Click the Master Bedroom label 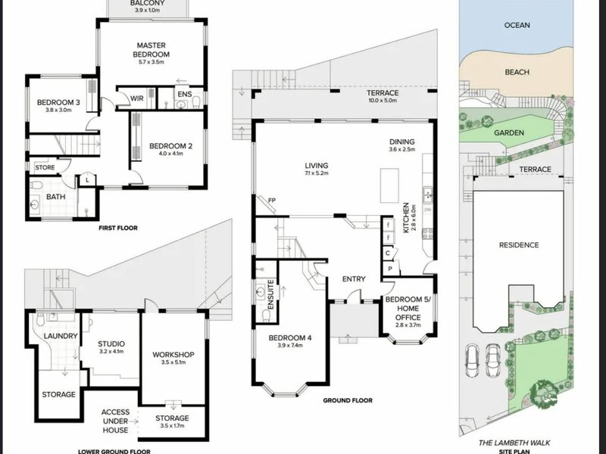pyautogui.click(x=151, y=50)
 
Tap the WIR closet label pyautogui.click(x=137, y=98)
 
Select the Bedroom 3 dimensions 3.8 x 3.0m pyautogui.click(x=58, y=110)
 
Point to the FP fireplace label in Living pyautogui.click(x=272, y=201)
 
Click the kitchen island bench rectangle pyautogui.click(x=389, y=185)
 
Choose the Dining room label pyautogui.click(x=402, y=141)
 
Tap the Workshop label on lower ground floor pyautogui.click(x=173, y=354)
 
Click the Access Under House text pyautogui.click(x=115, y=421)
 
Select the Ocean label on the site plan pyautogui.click(x=517, y=25)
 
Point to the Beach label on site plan pyautogui.click(x=517, y=72)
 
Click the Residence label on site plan pyautogui.click(x=519, y=245)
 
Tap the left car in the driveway pyautogui.click(x=472, y=361)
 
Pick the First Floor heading pyautogui.click(x=118, y=228)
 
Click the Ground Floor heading pyautogui.click(x=348, y=401)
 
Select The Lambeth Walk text pyautogui.click(x=514, y=443)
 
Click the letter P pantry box pyautogui.click(x=390, y=269)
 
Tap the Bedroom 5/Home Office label pyautogui.click(x=408, y=309)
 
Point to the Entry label pyautogui.click(x=354, y=279)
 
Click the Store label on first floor pyautogui.click(x=45, y=167)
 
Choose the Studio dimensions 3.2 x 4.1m pyautogui.click(x=111, y=351)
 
